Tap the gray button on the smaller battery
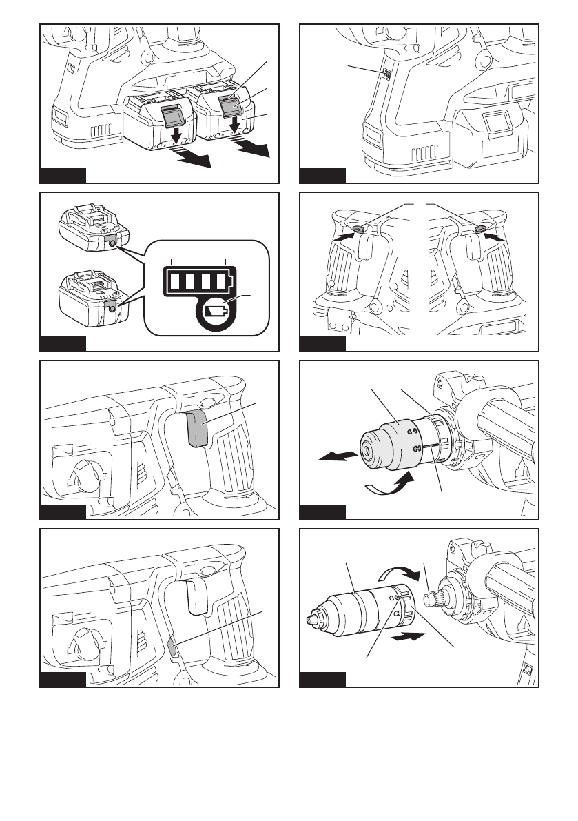[x=111, y=239]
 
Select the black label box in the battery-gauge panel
[x=63, y=343]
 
